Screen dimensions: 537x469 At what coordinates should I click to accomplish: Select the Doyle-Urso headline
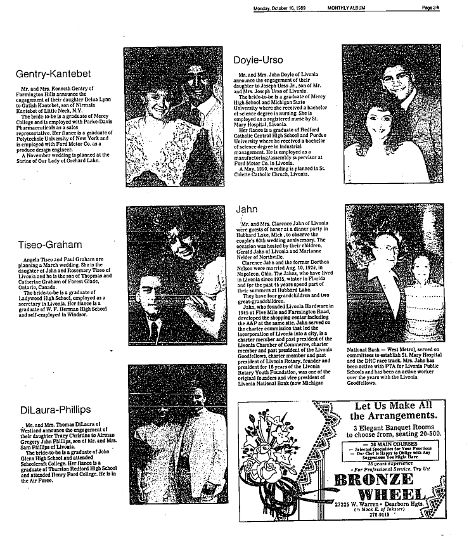(255, 60)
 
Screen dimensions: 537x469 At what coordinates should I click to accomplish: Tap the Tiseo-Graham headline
(52, 244)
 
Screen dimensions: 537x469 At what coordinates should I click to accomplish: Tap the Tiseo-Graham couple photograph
(177, 279)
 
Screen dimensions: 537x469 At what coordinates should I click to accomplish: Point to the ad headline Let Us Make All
(393, 406)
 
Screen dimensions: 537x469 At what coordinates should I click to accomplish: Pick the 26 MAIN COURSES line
(392, 444)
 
